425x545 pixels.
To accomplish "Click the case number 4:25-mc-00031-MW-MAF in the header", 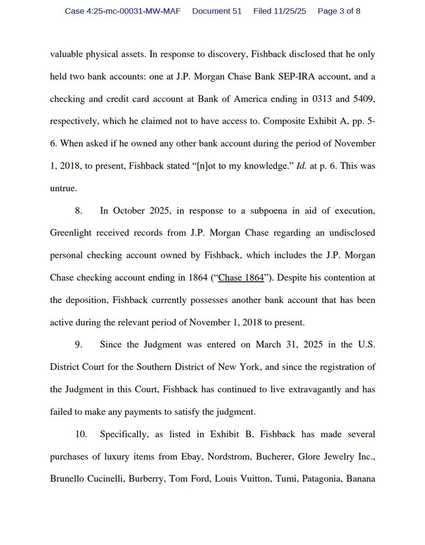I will (123, 11).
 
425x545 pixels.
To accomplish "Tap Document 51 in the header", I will (217, 11).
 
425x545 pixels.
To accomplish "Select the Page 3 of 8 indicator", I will (339, 11).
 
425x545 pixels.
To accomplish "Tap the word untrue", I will (63, 189).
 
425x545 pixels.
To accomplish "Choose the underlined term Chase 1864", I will (241, 278).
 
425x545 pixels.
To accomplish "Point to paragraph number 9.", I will (79, 344).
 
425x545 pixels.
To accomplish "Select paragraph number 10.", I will (81, 434).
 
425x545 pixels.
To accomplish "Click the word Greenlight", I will (70, 233).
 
